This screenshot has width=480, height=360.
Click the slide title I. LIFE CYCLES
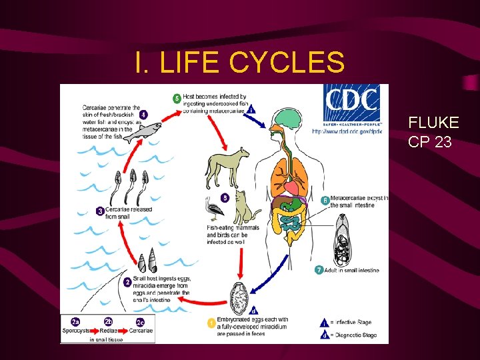[239, 62]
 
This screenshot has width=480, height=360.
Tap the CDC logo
[351, 107]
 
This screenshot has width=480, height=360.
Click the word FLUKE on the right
[433, 123]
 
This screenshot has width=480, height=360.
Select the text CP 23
[430, 141]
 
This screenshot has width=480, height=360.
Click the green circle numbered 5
[177, 99]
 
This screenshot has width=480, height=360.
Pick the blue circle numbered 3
[100, 211]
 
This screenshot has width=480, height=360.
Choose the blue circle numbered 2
[127, 282]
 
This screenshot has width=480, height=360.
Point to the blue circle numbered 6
[325, 200]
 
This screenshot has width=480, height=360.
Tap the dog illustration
[227, 165]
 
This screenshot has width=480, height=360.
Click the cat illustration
[247, 206]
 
